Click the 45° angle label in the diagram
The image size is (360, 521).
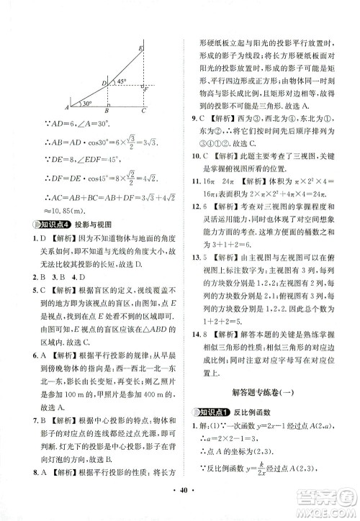point(123,80)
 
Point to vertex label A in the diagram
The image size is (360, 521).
point(66,107)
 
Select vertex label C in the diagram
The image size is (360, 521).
point(143,112)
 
